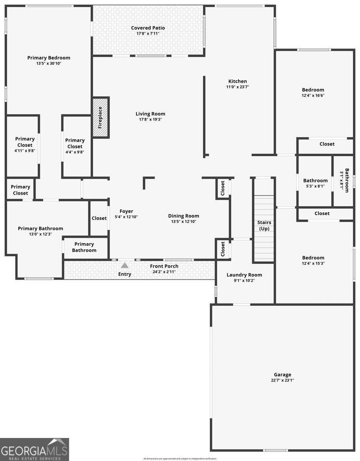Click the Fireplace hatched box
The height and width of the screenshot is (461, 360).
click(x=101, y=117)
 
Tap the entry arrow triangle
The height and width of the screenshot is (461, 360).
click(x=124, y=265)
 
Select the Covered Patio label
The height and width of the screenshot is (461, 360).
click(x=148, y=28)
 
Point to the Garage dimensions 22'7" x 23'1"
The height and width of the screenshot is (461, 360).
click(x=282, y=380)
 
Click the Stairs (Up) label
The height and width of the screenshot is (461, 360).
click(x=264, y=226)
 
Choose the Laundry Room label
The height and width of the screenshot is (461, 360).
click(x=244, y=275)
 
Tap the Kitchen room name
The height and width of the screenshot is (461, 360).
click(x=238, y=81)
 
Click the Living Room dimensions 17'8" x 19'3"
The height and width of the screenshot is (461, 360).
click(x=150, y=119)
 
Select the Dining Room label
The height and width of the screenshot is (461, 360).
click(x=184, y=216)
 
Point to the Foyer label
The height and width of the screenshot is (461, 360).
click(x=126, y=211)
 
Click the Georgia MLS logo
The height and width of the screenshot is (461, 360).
click(x=35, y=449)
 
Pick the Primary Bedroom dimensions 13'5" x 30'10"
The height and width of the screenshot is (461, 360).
click(x=49, y=63)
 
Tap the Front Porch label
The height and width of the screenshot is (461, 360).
click(x=164, y=266)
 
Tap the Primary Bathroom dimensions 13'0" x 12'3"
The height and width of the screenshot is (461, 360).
click(x=40, y=234)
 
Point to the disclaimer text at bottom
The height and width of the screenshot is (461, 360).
click(x=180, y=458)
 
